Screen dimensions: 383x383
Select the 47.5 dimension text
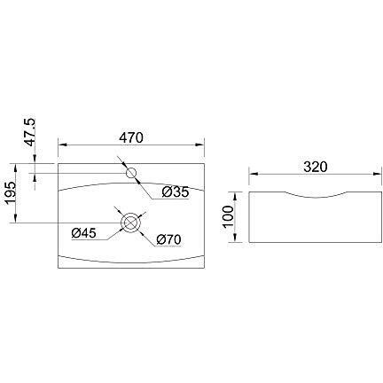pyautogui.click(x=28, y=130)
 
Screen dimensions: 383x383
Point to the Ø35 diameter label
pyautogui.click(x=176, y=191)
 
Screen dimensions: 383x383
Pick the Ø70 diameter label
pyautogui.click(x=169, y=239)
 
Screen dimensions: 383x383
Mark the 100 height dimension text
pyautogui.click(x=229, y=215)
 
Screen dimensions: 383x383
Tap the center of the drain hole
pyautogui.click(x=131, y=223)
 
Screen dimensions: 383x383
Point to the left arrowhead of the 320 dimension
pyautogui.click(x=252, y=174)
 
